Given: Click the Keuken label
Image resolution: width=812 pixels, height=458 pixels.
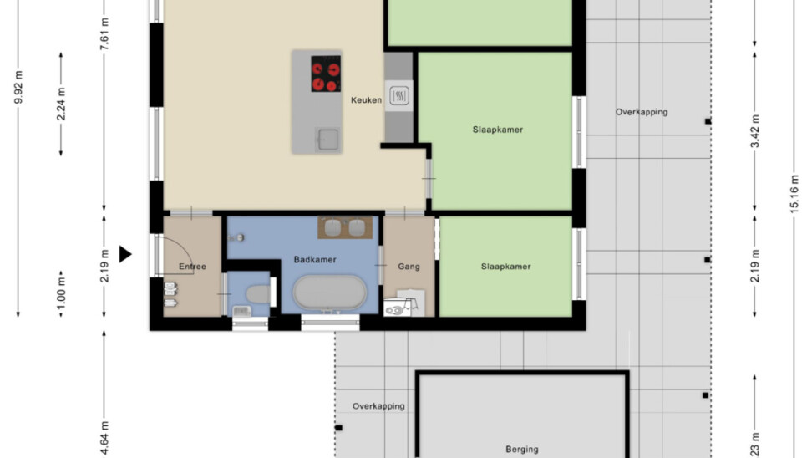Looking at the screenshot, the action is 366,100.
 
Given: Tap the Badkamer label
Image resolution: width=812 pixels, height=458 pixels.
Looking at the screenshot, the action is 315,260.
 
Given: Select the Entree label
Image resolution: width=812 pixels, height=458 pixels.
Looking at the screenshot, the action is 192,267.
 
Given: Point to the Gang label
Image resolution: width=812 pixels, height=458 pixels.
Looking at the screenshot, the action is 409,267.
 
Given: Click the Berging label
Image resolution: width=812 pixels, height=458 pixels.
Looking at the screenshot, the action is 522,449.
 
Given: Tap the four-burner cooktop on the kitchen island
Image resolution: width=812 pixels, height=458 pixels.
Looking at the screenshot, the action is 326,74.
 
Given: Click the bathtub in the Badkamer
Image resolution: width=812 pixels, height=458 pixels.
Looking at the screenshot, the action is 329,293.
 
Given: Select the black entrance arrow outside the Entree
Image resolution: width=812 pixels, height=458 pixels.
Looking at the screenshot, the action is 125,254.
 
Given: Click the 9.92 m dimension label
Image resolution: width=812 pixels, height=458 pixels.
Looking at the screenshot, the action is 18,87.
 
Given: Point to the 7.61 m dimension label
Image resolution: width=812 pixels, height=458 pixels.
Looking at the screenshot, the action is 104,33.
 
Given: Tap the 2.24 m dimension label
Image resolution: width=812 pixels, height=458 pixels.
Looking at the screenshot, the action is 61,104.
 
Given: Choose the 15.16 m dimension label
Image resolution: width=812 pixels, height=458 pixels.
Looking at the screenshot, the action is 794,194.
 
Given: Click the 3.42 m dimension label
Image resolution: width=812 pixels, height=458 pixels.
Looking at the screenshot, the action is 755,131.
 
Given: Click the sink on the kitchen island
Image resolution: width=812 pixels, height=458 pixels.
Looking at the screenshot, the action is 327,139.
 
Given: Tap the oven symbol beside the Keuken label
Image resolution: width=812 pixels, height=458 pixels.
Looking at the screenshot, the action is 398,95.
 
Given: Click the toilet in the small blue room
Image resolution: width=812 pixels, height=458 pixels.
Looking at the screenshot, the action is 257,294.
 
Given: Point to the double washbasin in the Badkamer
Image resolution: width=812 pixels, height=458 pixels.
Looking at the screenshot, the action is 345,227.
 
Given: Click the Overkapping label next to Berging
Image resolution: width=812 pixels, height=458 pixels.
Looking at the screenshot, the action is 378,406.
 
